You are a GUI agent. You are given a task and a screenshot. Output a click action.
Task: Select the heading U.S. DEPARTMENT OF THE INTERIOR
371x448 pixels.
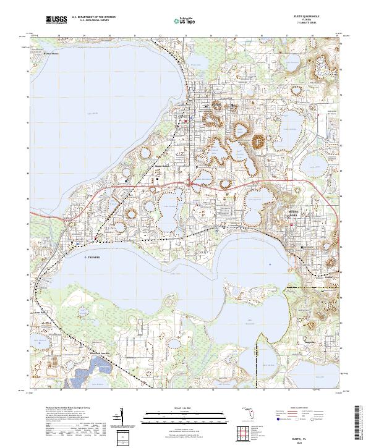pos(93,17)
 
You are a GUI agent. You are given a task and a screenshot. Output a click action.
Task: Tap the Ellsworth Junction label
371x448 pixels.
pos(104,353)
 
